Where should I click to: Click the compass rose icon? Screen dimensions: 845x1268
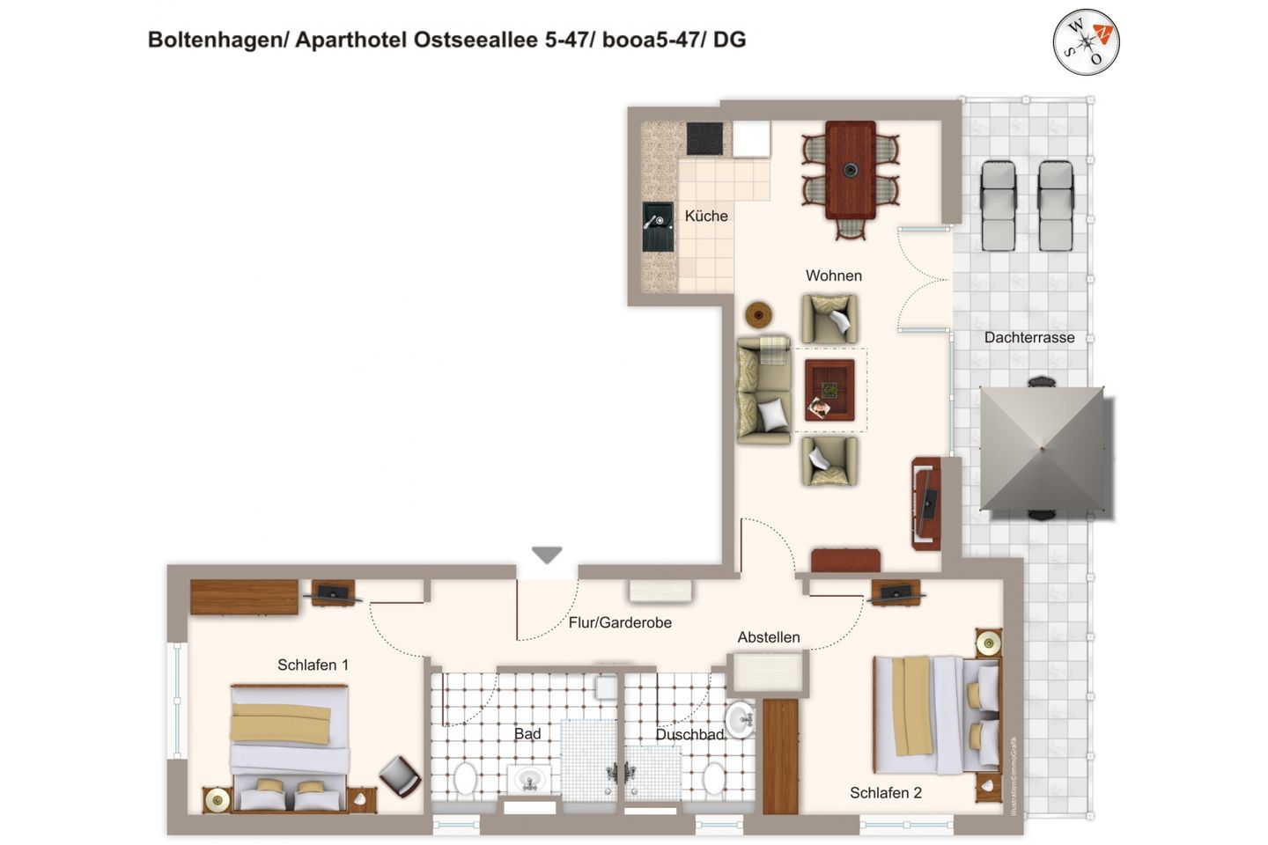[1086, 41]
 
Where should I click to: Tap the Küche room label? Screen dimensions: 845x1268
[706, 216]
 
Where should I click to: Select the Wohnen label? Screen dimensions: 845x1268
[833, 276]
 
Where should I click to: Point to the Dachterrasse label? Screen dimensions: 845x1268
[1029, 337]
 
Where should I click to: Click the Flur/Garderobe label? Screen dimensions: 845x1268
[620, 622]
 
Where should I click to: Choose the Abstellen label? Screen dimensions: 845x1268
[769, 637]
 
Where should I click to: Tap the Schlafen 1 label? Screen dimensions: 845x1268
[313, 665]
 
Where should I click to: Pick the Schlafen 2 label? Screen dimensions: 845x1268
[885, 793]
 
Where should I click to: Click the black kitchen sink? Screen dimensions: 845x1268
[658, 227]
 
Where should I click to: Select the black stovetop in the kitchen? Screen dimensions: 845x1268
[704, 138]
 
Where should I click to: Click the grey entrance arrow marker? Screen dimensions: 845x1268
[547, 555]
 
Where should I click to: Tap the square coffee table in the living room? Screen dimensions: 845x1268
[829, 390]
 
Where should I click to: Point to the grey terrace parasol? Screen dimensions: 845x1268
[1042, 449]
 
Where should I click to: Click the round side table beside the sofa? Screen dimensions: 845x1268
[758, 314]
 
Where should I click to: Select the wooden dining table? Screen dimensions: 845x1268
[850, 170]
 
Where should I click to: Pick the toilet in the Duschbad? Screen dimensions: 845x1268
[714, 778]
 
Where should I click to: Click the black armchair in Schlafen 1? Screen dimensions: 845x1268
[400, 775]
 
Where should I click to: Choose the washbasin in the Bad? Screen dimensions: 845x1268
[529, 778]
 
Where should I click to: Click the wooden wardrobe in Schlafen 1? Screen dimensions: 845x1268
[244, 597]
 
